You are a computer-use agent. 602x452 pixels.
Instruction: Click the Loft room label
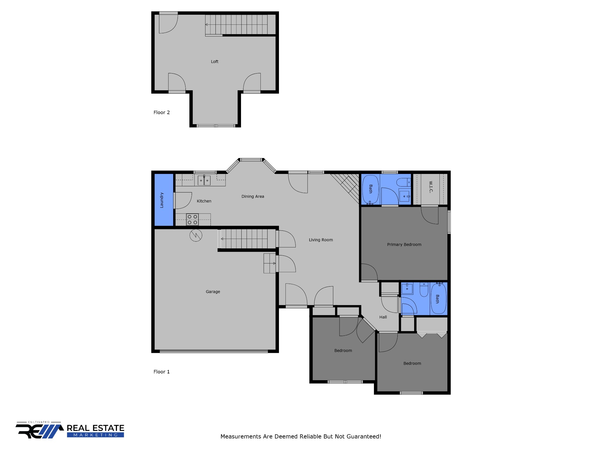[x=215, y=62]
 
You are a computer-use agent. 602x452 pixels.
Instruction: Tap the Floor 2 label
[x=162, y=112]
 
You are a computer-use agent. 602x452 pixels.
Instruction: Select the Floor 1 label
[x=162, y=372]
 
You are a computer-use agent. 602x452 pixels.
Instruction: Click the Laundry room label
[x=162, y=200]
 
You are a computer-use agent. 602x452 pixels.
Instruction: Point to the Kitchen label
[x=204, y=201]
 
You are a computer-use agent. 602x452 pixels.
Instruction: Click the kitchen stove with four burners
[x=192, y=220]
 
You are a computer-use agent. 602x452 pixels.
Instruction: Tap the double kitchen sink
[x=204, y=180]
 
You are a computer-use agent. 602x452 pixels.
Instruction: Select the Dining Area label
[x=253, y=196]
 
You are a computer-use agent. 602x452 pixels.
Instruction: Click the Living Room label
[x=321, y=240]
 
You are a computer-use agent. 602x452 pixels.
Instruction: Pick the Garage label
[x=213, y=292]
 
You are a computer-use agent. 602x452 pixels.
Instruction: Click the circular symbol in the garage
[x=196, y=235]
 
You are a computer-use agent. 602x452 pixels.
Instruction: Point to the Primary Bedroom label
[x=404, y=245]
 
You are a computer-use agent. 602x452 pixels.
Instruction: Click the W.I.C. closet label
[x=431, y=187]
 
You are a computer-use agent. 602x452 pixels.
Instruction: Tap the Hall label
[x=383, y=317]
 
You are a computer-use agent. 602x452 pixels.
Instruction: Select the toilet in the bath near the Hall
[x=424, y=290]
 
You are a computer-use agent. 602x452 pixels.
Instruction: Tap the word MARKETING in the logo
[x=96, y=435]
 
